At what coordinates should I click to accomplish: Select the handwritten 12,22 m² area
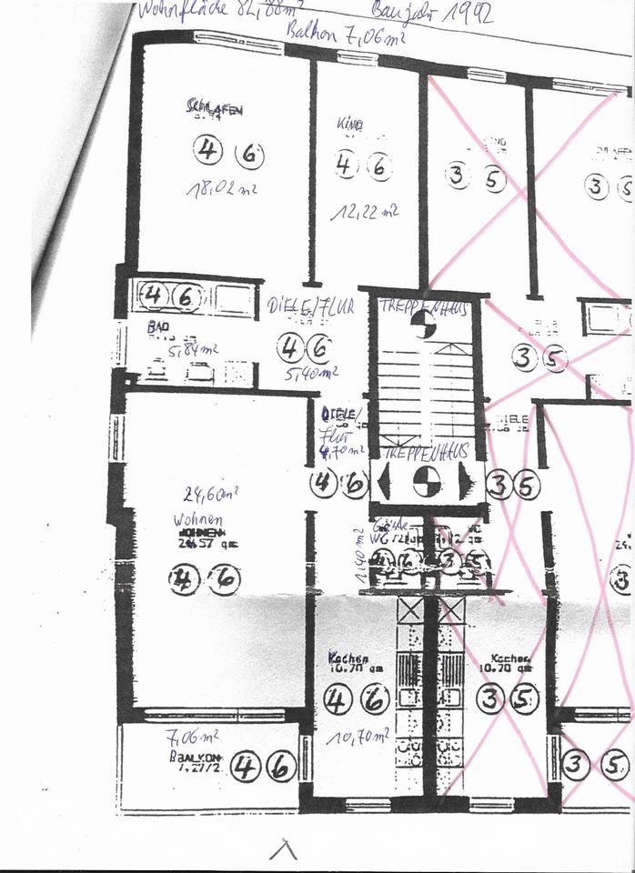pyautogui.click(x=365, y=212)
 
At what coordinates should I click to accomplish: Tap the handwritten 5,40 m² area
pyautogui.click(x=311, y=372)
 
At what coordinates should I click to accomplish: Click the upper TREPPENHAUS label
pyautogui.click(x=424, y=308)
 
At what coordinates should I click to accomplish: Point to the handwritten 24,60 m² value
pyautogui.click(x=211, y=495)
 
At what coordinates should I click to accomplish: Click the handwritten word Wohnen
pyautogui.click(x=197, y=519)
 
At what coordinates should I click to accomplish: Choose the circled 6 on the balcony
pyautogui.click(x=281, y=768)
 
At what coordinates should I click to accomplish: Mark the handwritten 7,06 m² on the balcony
pyautogui.click(x=192, y=737)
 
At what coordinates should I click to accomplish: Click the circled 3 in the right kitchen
pyautogui.click(x=492, y=698)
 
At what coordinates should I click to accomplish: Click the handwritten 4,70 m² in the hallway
pyautogui.click(x=342, y=449)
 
